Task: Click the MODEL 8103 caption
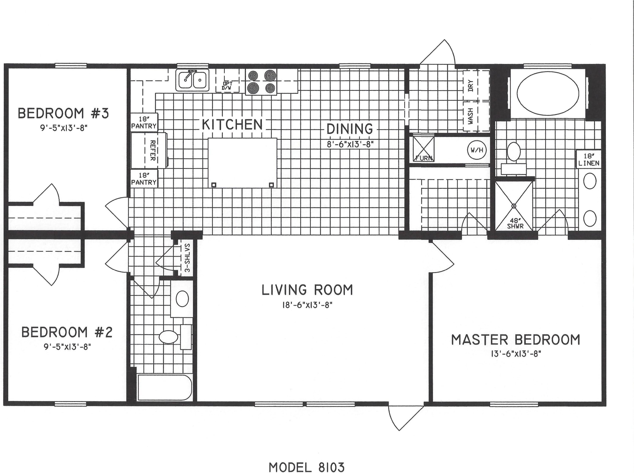coord(307,467)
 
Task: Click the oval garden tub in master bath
coord(548,94)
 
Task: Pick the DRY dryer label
coord(471,85)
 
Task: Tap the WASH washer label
coord(471,116)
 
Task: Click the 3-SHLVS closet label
coord(187,257)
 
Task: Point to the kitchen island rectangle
coord(242,163)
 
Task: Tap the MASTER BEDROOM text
coord(516,340)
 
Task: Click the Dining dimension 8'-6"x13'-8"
coord(350,144)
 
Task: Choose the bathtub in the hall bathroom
coord(164,387)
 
